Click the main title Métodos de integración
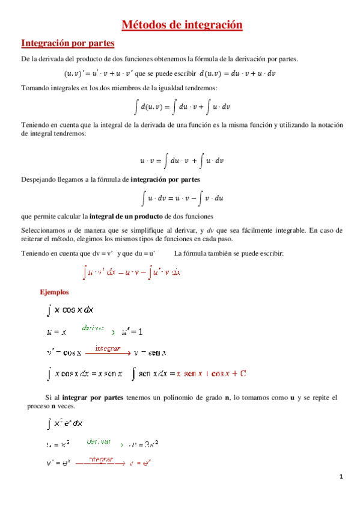click(182, 25)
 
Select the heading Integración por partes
click(68, 43)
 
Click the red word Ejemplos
click(54, 292)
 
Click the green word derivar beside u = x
click(93, 328)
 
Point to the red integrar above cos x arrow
click(107, 348)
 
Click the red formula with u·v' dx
click(132, 272)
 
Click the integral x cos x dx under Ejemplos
click(70, 310)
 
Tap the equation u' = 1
click(132, 331)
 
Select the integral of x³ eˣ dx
click(70, 423)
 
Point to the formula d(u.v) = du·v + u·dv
click(237, 73)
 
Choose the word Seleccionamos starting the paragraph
click(43, 230)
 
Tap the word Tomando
click(35, 88)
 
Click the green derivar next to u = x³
click(98, 441)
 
